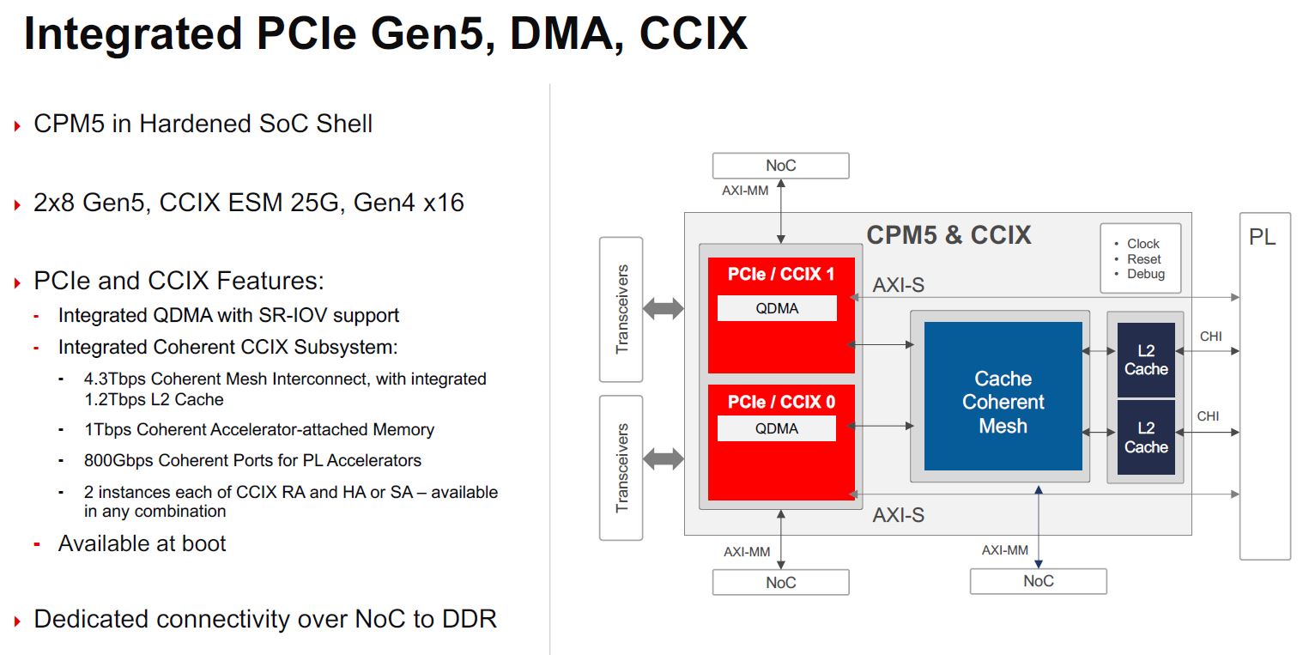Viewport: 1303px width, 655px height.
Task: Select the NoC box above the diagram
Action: [780, 166]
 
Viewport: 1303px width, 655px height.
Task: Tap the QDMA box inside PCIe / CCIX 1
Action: [777, 308]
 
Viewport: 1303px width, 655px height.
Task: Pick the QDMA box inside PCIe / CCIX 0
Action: [777, 428]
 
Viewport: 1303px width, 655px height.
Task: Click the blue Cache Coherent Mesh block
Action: [1003, 397]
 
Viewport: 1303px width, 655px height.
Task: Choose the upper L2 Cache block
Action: [1146, 360]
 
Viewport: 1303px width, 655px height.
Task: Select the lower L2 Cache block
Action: [1146, 438]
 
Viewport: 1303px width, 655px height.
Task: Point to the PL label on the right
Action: [1262, 237]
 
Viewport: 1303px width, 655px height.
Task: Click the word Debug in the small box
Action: [1146, 274]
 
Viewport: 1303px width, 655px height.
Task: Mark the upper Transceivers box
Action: [621, 309]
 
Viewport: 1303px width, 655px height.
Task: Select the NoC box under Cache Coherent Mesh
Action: [1038, 581]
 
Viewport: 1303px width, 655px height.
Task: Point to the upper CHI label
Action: [1210, 337]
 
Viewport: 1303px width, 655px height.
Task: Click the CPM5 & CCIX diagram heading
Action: [948, 235]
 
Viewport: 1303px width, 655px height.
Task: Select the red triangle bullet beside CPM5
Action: [17, 125]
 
